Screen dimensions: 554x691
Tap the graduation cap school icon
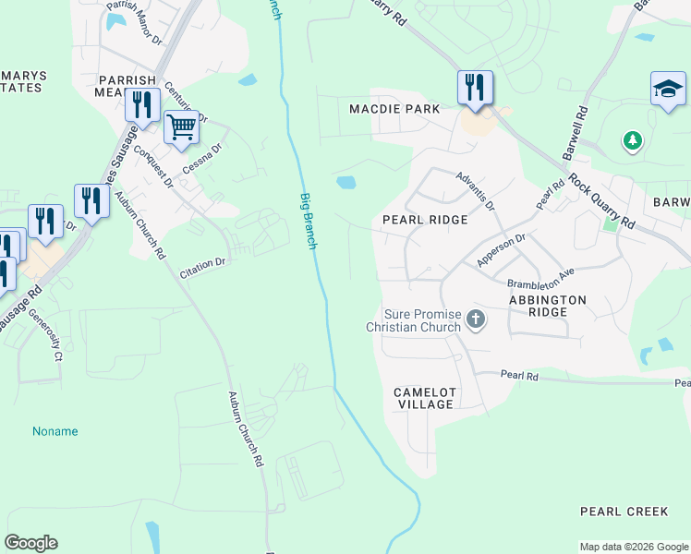pos(667,89)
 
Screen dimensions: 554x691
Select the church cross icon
pos(475,320)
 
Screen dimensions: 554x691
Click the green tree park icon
pos(632,140)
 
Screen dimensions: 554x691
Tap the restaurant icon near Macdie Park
pos(475,88)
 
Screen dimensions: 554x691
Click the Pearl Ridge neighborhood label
pos(425,221)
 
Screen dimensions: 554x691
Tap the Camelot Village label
pos(425,398)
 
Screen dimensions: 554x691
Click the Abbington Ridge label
pos(547,307)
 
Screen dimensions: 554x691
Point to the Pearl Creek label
pos(624,511)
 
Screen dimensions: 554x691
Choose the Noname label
pos(55,431)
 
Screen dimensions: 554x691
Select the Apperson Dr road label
pos(501,250)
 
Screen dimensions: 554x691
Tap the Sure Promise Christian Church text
pos(413,320)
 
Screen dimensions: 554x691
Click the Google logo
pos(31,543)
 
